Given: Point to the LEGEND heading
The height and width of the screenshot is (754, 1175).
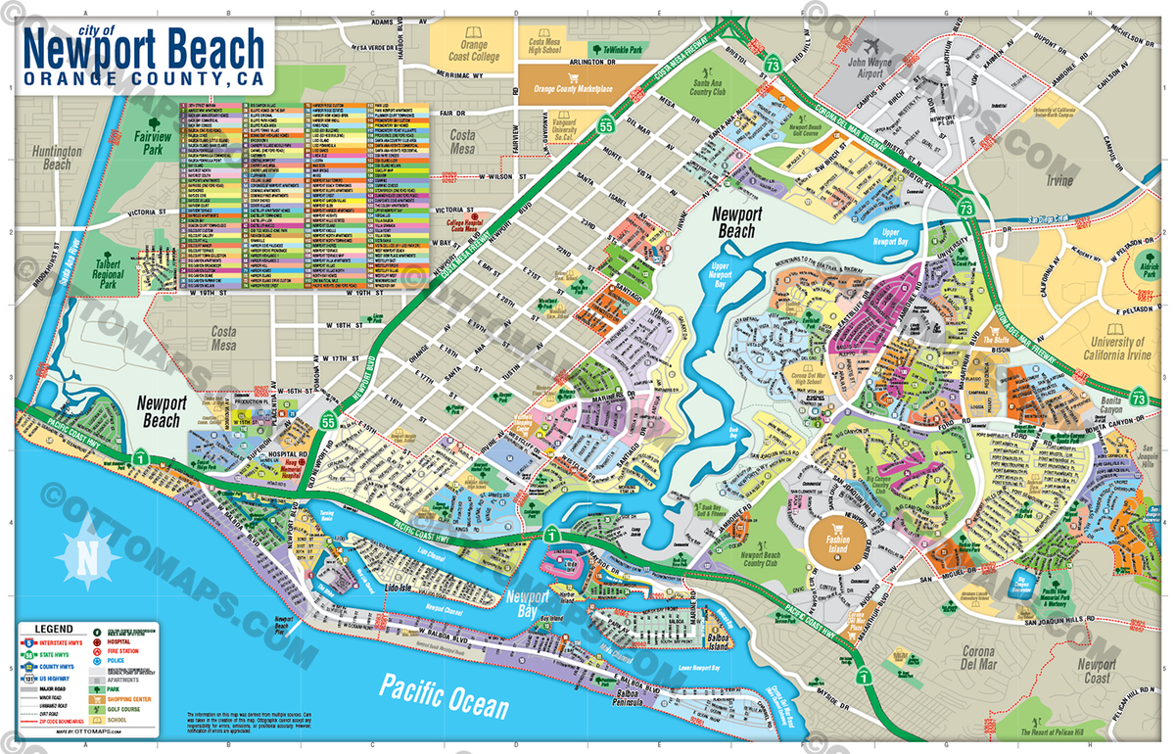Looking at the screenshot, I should pyautogui.click(x=54, y=628).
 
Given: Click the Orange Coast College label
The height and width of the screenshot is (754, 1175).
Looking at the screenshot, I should pyautogui.click(x=473, y=51).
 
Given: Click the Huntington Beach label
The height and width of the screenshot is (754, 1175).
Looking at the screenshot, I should pyautogui.click(x=51, y=159).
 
